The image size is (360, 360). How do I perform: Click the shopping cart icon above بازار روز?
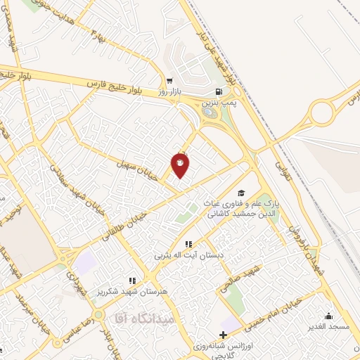(169, 80)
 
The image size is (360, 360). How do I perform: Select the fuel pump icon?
(220, 91)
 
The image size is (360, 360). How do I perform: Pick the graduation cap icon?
(241, 193)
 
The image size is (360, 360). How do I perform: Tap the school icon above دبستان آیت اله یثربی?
(188, 244)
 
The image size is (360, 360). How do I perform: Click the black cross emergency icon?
(224, 335)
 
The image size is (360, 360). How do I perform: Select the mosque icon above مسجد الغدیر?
(328, 316)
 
